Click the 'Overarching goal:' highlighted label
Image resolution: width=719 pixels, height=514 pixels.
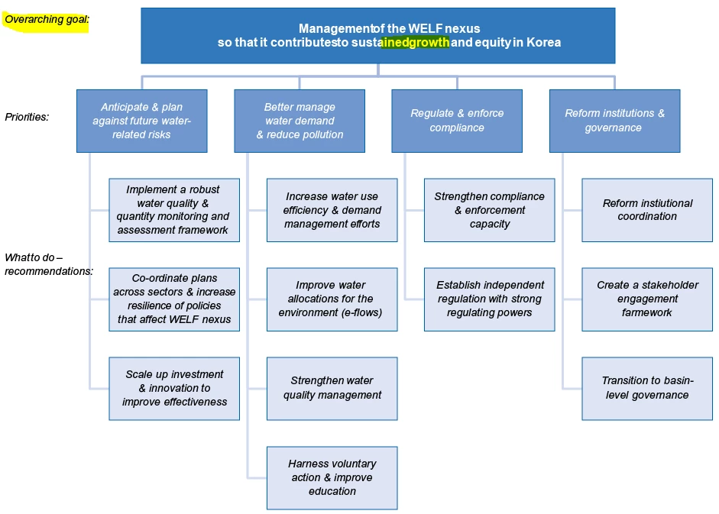coord(46,20)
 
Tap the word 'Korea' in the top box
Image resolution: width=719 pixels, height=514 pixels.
coord(543,43)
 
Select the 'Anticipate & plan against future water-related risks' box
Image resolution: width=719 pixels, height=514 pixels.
coord(141,121)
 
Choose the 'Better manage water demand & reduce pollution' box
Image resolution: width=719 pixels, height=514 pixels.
coord(300,121)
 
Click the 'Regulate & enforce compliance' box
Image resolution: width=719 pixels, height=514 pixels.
coord(457,121)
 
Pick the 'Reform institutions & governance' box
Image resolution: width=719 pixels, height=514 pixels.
coord(614,121)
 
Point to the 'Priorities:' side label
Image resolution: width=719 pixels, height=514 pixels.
coord(27,117)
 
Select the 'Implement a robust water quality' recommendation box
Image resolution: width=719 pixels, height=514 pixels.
coord(174,210)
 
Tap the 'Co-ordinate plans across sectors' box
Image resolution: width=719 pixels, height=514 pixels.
coord(174,299)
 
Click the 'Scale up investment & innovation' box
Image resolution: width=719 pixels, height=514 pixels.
coord(174,388)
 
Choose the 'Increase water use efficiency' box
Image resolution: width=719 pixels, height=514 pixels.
coord(332,210)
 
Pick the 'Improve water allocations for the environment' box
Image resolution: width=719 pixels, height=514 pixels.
coord(332,299)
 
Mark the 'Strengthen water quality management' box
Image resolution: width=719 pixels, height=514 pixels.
coord(332,388)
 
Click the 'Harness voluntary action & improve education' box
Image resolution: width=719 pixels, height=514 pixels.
coord(332,477)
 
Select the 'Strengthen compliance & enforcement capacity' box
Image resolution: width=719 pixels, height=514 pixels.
coord(489,210)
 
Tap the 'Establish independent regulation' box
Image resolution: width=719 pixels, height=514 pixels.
coord(489,299)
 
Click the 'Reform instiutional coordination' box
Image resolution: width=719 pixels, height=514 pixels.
coord(647,210)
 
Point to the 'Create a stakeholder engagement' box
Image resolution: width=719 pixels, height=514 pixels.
coord(647,299)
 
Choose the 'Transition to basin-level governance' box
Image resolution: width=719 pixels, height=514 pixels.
coord(647,388)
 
